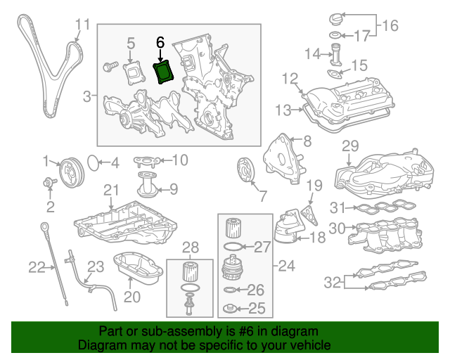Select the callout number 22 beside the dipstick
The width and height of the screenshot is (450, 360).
pos(37,266)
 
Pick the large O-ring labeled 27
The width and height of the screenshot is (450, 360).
pos(233,246)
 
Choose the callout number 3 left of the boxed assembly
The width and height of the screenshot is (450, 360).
pos(87,95)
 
